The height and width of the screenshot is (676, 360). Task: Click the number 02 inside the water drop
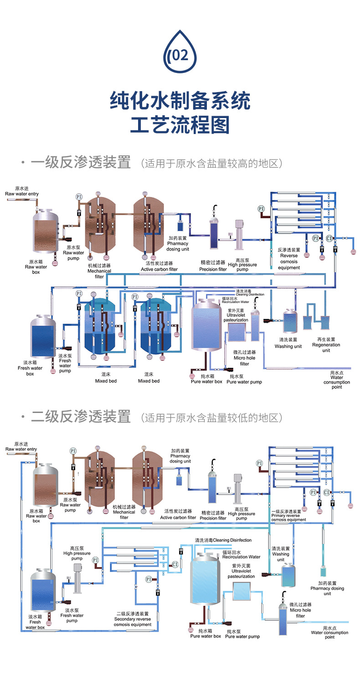[x=180, y=55]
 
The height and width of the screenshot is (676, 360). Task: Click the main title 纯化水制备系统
[x=180, y=100]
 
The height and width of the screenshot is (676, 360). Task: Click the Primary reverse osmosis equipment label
[x=288, y=516]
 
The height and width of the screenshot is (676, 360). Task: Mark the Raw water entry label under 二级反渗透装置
[x=21, y=447]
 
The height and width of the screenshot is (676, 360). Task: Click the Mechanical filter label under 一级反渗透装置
[x=99, y=271]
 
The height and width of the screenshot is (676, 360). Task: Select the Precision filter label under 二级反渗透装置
[x=213, y=516]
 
